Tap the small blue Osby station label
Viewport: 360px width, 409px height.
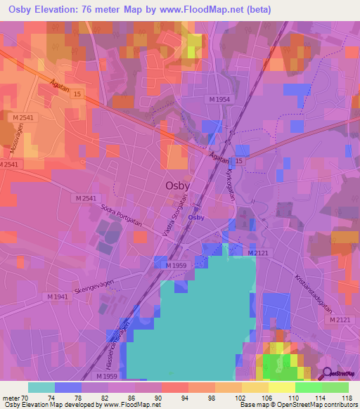tap(196, 217)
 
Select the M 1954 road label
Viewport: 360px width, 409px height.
tap(219, 100)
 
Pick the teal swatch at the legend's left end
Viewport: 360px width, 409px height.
tap(41, 387)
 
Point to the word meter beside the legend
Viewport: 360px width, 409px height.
tap(11, 398)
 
